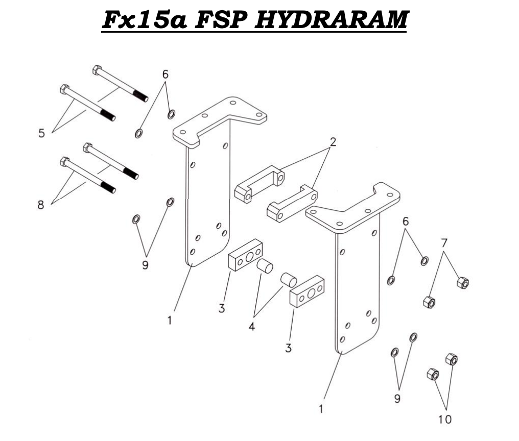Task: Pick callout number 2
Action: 333,142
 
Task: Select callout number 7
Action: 444,241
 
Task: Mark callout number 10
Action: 445,420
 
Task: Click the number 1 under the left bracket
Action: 170,321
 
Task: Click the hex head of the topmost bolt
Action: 97,69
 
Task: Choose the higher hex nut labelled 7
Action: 462,282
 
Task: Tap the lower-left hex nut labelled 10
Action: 433,375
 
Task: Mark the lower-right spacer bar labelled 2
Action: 291,203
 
